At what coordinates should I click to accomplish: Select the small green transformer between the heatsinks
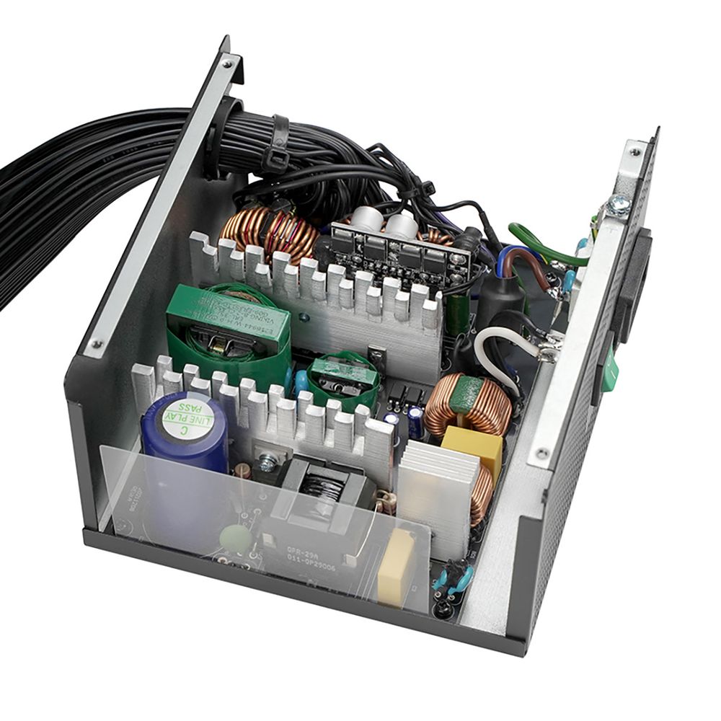[342, 378]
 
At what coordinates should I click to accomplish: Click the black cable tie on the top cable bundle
[278, 145]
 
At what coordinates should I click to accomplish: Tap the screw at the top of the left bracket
[228, 63]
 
